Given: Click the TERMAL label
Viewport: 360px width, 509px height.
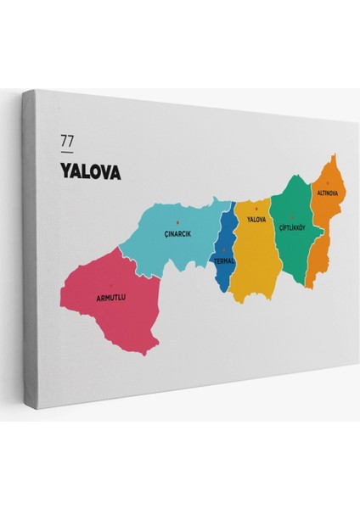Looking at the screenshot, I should pos(224,261).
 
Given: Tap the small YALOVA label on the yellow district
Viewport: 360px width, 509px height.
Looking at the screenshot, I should pos(256,220).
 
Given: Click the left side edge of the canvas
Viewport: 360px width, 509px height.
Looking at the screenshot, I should pos(28,255).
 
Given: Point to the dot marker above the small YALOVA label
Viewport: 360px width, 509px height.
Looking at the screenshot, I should pos(256,209).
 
